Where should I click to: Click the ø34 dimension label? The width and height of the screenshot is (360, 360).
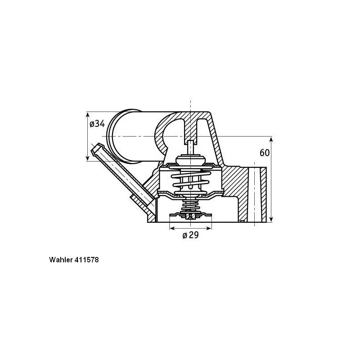pyautogui.click(x=97, y=124)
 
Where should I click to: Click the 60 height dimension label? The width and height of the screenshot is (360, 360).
pyautogui.click(x=265, y=153)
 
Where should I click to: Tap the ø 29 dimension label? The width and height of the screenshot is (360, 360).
pyautogui.click(x=190, y=235)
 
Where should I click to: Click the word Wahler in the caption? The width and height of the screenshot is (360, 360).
pyautogui.click(x=61, y=260)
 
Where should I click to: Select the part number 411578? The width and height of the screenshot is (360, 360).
pyautogui.click(x=86, y=260)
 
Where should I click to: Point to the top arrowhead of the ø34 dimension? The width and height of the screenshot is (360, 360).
pyautogui.click(x=87, y=115)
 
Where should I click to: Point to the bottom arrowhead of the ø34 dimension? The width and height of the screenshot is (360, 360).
pyautogui.click(x=87, y=158)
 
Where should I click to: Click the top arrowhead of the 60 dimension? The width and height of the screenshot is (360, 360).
pyautogui.click(x=271, y=139)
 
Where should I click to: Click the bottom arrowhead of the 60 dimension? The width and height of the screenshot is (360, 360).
pyautogui.click(x=271, y=219)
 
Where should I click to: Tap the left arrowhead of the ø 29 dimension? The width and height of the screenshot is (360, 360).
pyautogui.click(x=172, y=228)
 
